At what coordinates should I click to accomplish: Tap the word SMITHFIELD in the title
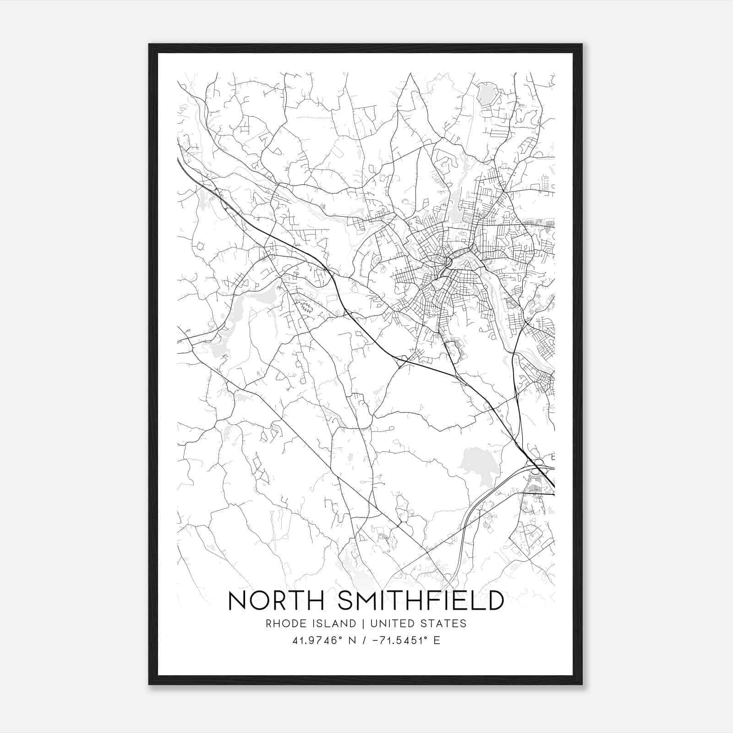coord(420,601)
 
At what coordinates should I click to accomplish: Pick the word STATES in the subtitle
coord(444,624)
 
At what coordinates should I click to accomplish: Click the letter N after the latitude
coord(352,640)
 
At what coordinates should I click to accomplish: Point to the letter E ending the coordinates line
coord(437,640)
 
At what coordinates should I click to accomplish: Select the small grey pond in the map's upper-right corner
coord(485,93)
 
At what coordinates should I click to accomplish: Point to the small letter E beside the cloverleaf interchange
coord(552,457)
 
